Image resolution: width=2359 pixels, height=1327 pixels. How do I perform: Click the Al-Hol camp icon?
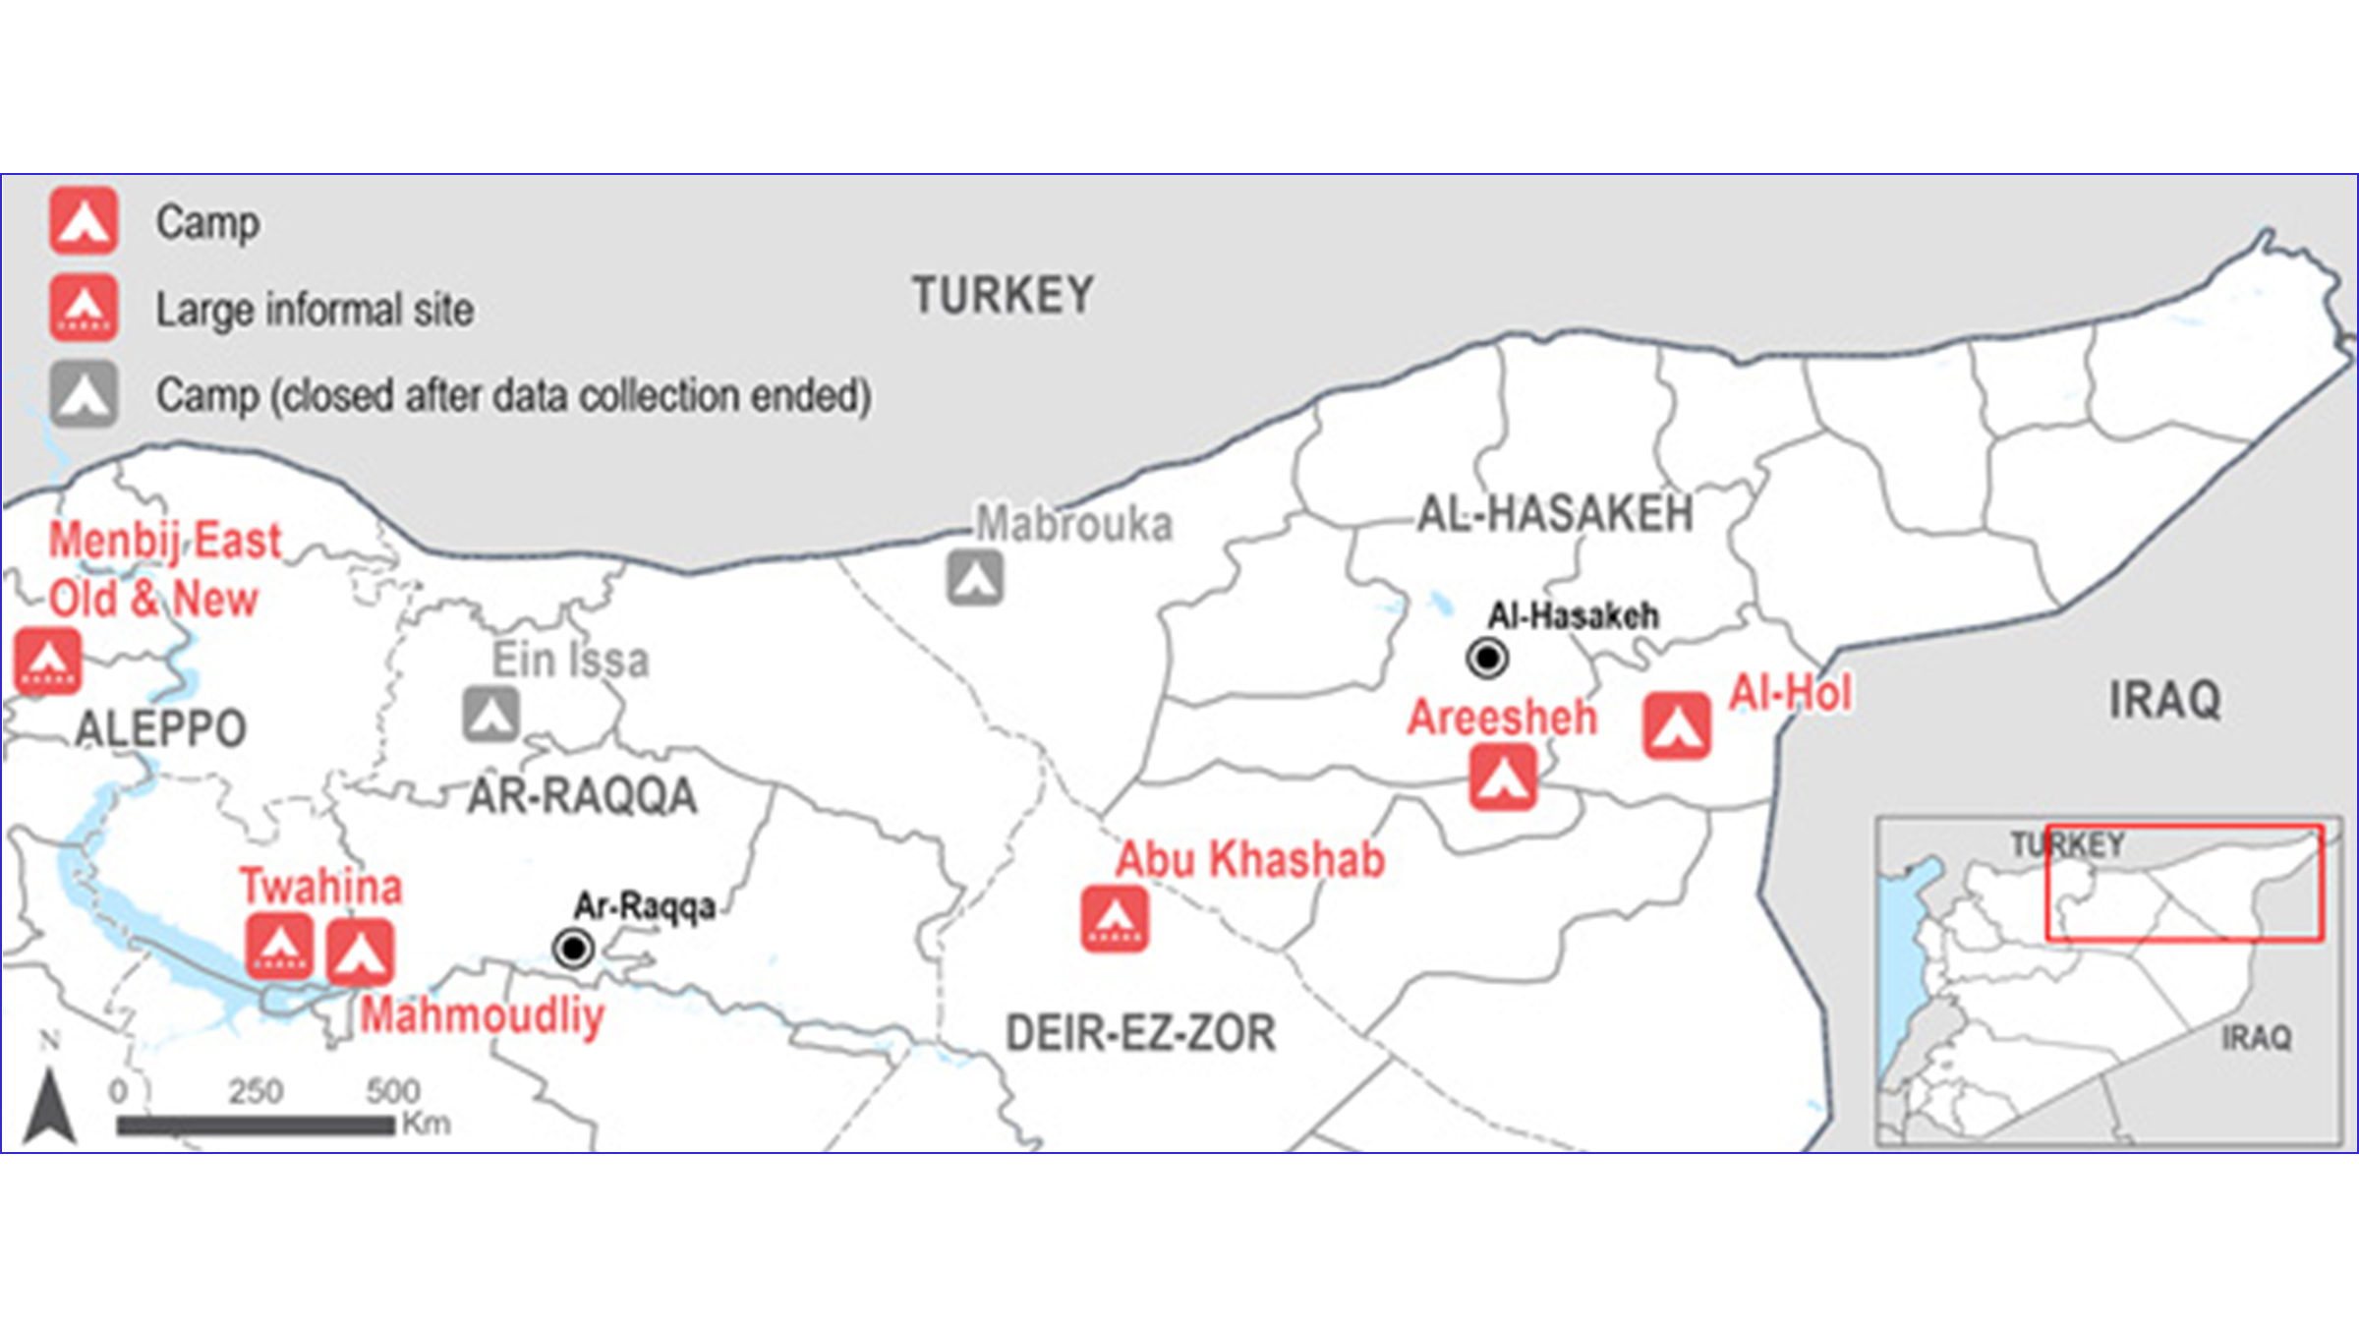(1677, 725)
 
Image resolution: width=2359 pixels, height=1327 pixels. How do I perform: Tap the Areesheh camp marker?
(1503, 777)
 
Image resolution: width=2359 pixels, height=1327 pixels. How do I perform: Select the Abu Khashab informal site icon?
(1115, 919)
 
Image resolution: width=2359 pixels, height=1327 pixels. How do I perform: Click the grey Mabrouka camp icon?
(975, 578)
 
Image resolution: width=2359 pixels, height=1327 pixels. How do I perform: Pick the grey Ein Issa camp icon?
(491, 714)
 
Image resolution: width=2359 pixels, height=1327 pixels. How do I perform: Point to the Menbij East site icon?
(48, 663)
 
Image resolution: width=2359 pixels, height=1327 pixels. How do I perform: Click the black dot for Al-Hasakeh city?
(1487, 658)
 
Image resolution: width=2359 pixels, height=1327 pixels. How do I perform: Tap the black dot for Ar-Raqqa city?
(573, 949)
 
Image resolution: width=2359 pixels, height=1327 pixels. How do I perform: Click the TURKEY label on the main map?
(1003, 296)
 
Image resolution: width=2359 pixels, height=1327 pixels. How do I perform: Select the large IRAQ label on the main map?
(2164, 701)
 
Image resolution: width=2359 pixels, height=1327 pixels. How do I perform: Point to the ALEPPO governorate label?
(161, 729)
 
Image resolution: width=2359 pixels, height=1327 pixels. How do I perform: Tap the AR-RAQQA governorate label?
(582, 796)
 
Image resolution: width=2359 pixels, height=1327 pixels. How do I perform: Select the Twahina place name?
(321, 887)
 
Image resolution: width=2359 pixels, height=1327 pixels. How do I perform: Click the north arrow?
(50, 1106)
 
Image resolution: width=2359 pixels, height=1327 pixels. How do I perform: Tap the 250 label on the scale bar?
(256, 1091)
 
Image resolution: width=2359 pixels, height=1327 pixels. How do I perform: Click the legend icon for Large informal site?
(85, 309)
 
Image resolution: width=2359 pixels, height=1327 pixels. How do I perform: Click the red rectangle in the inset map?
(2184, 883)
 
